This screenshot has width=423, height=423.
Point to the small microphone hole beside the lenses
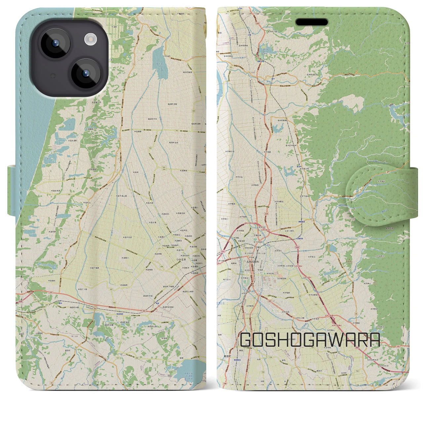click(52, 76)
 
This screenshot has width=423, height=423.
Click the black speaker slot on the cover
click(312, 22)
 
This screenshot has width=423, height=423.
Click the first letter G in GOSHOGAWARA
click(247, 340)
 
